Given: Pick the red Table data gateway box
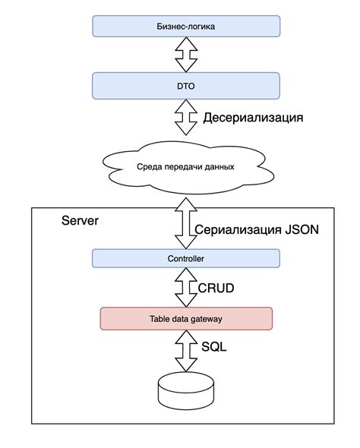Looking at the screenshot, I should [x=186, y=319].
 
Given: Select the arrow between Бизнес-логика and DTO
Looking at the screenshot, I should [x=185, y=55].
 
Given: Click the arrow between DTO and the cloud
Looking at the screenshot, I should [x=185, y=118].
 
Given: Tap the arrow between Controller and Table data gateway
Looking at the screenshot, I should [x=185, y=288].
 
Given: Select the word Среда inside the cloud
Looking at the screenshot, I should [x=147, y=166].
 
